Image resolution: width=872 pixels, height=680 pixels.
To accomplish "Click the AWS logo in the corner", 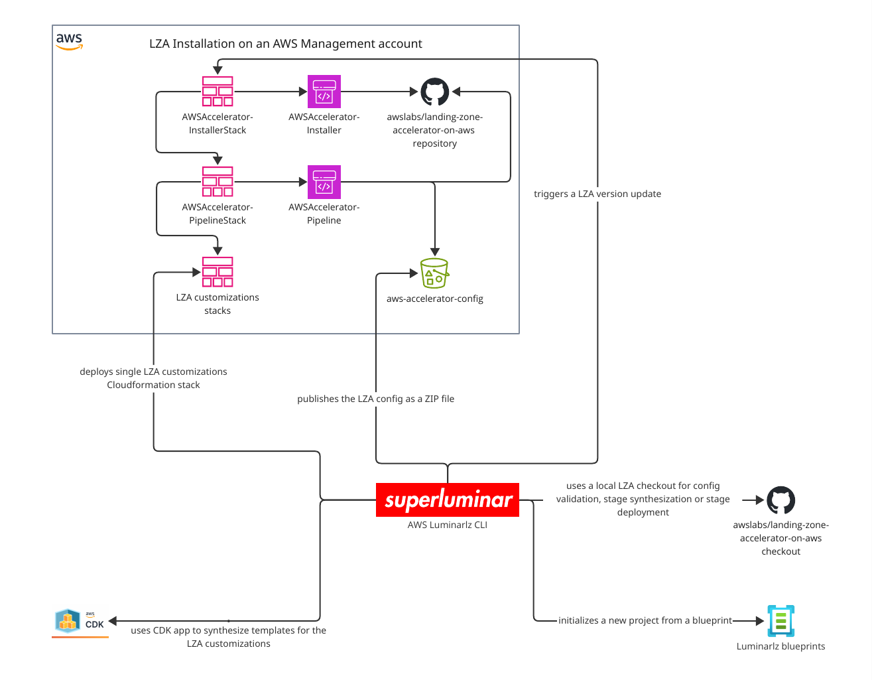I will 69,41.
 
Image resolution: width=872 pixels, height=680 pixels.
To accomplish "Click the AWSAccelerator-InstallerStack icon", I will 218,92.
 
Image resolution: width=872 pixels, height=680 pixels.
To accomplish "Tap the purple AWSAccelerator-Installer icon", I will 324,92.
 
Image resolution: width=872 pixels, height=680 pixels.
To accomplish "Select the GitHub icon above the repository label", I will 435,92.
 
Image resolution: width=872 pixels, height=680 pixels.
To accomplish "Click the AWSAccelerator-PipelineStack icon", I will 218,182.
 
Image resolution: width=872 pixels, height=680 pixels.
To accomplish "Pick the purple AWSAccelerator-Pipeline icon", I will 324,182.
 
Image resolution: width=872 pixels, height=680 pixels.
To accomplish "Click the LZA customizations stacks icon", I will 218,272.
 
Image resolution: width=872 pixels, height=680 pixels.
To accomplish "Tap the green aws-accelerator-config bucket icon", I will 435,273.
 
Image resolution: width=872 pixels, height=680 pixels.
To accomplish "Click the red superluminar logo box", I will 448,500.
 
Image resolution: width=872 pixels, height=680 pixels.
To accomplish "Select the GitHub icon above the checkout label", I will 780,500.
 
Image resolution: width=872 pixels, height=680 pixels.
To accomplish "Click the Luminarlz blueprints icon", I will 780,621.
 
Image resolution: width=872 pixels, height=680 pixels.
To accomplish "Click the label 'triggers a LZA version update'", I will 597,194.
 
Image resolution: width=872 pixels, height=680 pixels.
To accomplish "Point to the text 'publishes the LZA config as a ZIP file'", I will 375,399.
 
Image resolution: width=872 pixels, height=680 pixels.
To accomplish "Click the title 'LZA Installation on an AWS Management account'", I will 285,44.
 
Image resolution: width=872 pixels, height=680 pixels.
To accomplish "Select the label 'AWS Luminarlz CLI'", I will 448,525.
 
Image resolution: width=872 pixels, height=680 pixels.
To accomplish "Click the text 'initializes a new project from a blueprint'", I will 645,620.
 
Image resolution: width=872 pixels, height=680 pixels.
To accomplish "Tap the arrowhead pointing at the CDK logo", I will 113,621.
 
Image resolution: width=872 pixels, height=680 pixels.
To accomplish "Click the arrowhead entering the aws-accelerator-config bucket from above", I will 435,252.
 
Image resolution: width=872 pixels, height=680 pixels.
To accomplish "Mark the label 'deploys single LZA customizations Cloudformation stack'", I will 153,378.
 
